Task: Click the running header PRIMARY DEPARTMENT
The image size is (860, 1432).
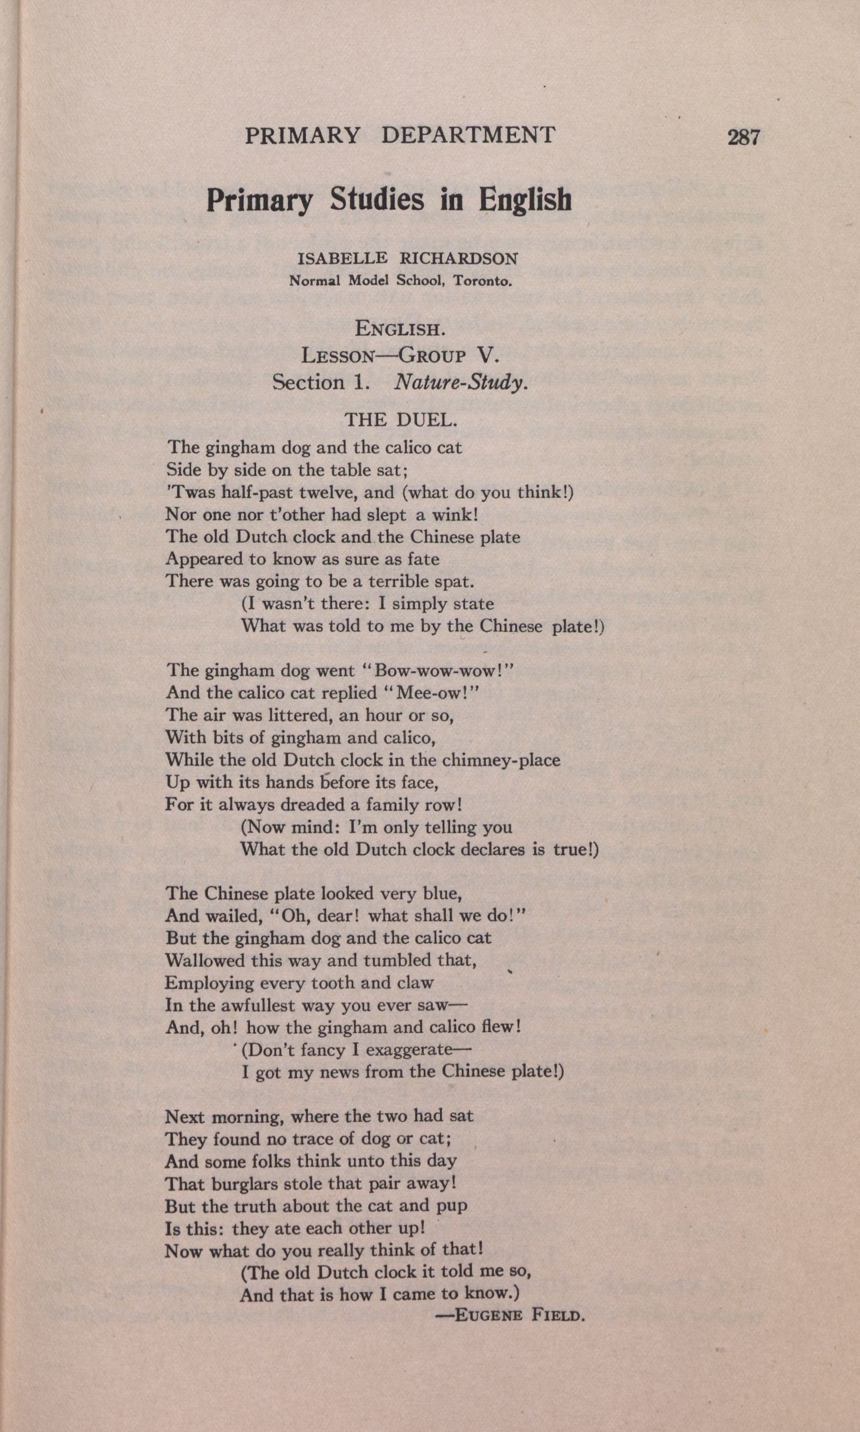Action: (x=400, y=135)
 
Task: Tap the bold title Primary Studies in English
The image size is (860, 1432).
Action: (x=389, y=199)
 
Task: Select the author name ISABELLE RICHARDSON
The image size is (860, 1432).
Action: (x=407, y=258)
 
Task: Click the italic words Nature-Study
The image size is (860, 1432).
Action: (x=461, y=382)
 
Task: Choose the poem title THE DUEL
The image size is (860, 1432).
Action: (x=401, y=419)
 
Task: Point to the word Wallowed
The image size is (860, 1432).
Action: (x=205, y=960)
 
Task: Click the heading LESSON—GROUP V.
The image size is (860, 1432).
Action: (x=399, y=355)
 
